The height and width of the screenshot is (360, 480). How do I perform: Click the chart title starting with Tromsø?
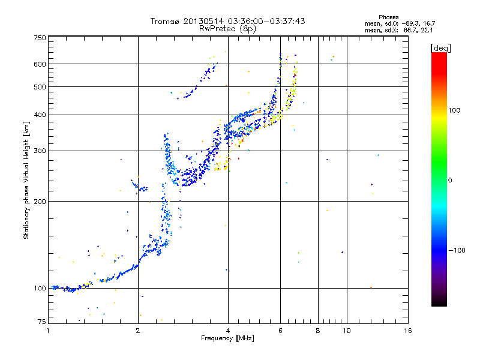(227, 21)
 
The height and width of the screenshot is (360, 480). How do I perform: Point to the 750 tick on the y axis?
(40, 38)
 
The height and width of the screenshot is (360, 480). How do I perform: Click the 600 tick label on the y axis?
(40, 64)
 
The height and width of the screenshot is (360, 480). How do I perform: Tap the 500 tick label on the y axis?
(40, 87)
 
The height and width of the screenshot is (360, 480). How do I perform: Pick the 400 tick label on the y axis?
(40, 115)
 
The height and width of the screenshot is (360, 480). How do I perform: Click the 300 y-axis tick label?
(40, 151)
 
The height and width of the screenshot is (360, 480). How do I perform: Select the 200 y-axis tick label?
(40, 202)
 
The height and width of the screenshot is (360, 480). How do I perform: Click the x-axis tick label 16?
(407, 331)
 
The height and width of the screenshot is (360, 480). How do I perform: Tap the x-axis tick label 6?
(280, 331)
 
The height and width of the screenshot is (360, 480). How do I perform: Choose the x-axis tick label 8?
(317, 331)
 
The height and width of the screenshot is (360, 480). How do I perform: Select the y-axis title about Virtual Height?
(26, 180)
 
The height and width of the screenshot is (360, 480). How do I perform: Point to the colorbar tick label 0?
(450, 180)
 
